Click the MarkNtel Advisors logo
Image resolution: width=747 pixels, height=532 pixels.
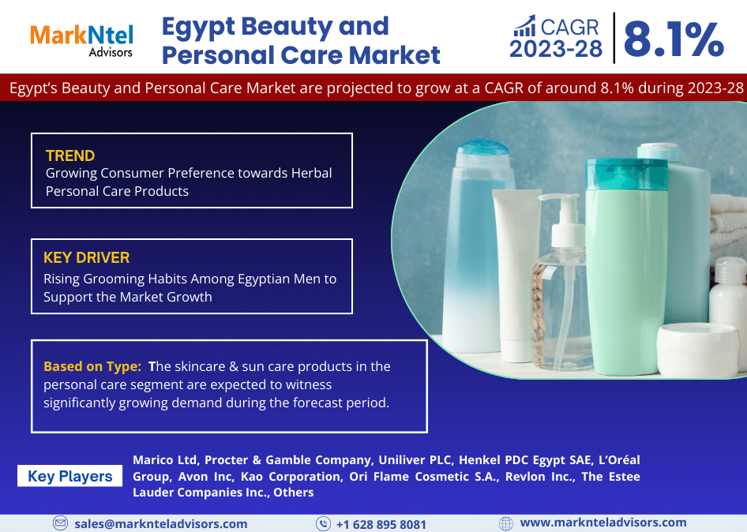[81, 41]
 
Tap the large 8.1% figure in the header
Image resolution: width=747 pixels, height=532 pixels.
[674, 39]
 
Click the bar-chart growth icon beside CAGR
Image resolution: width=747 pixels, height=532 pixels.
[525, 26]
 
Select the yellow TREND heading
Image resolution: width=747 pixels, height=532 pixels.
[70, 155]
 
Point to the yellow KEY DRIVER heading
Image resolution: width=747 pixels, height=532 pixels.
[86, 257]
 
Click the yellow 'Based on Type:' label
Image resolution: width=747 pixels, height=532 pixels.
[92, 366]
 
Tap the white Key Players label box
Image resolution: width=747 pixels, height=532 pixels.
[69, 476]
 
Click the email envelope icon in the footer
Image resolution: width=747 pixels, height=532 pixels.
[60, 523]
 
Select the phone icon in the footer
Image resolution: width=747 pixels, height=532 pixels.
[323, 524]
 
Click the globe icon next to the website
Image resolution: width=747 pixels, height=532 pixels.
[506, 523]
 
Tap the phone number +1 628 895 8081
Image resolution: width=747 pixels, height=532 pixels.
[381, 524]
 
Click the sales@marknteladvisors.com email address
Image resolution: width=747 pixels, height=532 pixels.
[161, 524]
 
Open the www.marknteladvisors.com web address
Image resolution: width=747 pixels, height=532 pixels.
[603, 523]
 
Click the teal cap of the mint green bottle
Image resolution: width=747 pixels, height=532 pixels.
[626, 174]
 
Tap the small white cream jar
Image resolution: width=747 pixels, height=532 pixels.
[697, 350]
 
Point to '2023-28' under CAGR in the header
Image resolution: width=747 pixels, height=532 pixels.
[556, 49]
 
